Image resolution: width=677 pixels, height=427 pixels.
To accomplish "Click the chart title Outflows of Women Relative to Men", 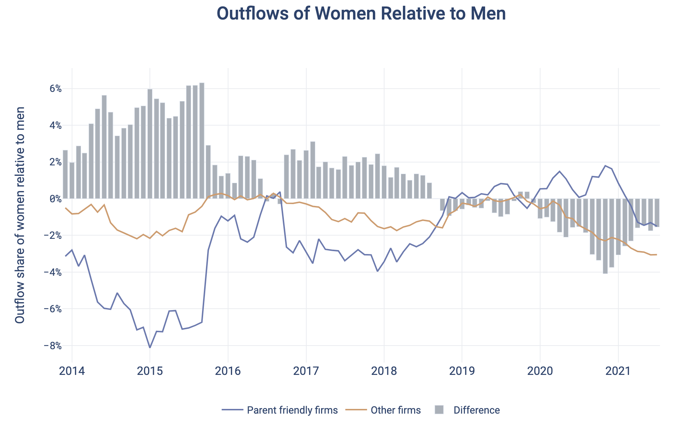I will (x=361, y=14).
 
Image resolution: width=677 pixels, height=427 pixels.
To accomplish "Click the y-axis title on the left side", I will (x=20, y=215).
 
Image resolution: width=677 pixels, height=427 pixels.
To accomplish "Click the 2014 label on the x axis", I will (x=72, y=371).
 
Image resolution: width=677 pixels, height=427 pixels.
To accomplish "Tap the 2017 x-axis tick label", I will (x=306, y=371).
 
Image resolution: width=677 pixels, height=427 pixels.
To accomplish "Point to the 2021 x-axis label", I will (x=618, y=371).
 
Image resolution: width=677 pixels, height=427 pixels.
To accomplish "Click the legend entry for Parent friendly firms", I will (x=292, y=410).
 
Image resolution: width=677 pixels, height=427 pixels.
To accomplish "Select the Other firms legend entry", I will (x=395, y=410).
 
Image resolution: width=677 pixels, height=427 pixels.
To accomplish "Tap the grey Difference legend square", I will (x=439, y=410).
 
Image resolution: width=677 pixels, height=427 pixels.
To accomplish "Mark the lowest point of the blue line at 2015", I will (x=150, y=347).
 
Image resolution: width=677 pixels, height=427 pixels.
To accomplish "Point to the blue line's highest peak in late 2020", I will (x=605, y=166).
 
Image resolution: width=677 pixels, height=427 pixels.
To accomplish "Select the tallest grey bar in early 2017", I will (x=312, y=170).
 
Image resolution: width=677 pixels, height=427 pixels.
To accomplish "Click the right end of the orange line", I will (x=656, y=255).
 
